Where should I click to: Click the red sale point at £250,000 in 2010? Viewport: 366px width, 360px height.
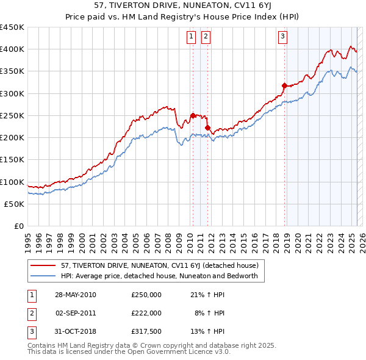point(193,115)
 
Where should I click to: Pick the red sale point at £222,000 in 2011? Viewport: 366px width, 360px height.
point(207,128)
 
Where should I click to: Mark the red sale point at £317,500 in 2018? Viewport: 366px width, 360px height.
point(284,85)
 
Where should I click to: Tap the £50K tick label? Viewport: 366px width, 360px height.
point(15,204)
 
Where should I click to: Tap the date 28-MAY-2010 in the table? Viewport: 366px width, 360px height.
point(76,295)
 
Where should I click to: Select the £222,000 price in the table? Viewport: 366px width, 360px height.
point(146,312)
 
